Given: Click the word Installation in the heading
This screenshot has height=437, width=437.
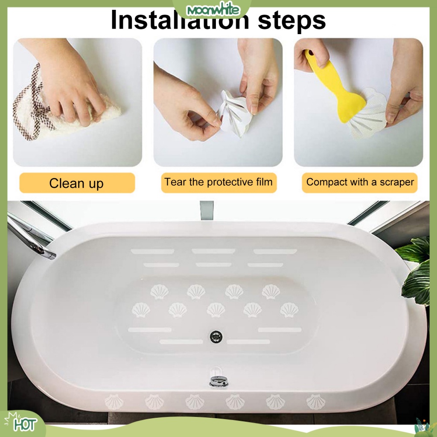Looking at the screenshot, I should [x=180, y=20].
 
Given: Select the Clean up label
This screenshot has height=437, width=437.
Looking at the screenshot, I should [x=76, y=184].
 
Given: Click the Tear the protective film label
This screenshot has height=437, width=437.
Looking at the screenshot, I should [x=218, y=182].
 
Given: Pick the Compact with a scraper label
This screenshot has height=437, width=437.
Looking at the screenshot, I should [x=360, y=182].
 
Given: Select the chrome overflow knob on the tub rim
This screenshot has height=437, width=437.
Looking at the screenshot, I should [x=218, y=381].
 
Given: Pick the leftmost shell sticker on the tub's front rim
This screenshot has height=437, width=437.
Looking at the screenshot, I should [x=114, y=402].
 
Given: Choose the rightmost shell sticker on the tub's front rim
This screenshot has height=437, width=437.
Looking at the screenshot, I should [x=316, y=402].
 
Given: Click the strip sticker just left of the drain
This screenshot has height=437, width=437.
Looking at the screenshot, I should [x=181, y=342].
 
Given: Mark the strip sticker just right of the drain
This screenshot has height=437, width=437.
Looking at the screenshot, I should [x=248, y=342].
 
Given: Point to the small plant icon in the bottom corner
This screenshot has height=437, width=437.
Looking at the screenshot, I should [x=422, y=425].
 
